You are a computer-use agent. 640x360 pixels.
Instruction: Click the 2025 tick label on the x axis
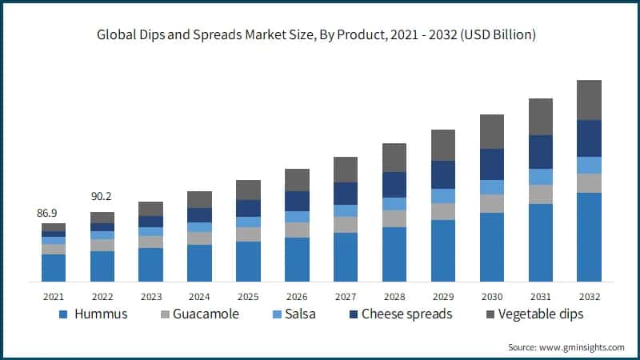[247, 294]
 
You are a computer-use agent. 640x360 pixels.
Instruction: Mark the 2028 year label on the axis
[394, 294]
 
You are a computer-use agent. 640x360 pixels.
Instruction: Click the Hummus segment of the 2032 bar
[589, 237]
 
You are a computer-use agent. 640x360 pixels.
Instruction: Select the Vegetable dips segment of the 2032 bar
[589, 100]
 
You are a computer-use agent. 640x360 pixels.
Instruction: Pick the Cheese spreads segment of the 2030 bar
[491, 164]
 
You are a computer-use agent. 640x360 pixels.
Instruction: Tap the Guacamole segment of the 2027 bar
[345, 225]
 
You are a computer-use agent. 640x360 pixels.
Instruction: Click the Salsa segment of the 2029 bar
[442, 196]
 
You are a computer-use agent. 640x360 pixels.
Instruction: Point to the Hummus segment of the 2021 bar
[54, 268]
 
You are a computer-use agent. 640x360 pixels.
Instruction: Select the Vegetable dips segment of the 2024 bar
[199, 199]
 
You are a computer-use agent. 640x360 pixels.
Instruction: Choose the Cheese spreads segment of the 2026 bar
[296, 201]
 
